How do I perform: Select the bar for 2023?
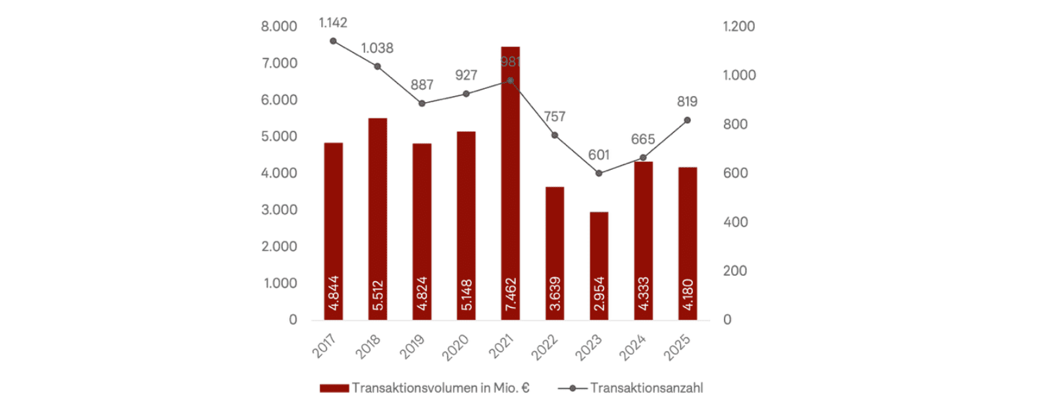click(x=599, y=263)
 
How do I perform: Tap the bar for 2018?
click(x=377, y=217)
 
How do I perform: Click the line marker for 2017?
click(x=333, y=41)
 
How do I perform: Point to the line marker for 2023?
click(x=599, y=173)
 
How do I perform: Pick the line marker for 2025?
click(x=687, y=120)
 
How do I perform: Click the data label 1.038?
click(x=377, y=48)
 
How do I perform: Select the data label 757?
click(x=555, y=117)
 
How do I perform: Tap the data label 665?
click(x=643, y=140)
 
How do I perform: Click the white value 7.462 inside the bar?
click(x=511, y=294)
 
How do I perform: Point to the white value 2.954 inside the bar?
click(x=599, y=294)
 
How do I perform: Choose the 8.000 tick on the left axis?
click(x=279, y=26)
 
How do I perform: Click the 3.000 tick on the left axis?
click(x=279, y=210)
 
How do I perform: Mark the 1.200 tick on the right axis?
click(x=739, y=26)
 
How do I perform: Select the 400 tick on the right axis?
click(x=735, y=222)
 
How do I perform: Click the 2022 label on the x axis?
click(x=546, y=347)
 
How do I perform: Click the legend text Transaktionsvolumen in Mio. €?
click(x=440, y=388)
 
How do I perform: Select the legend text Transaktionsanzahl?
click(x=646, y=388)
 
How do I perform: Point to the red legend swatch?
click(x=334, y=388)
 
